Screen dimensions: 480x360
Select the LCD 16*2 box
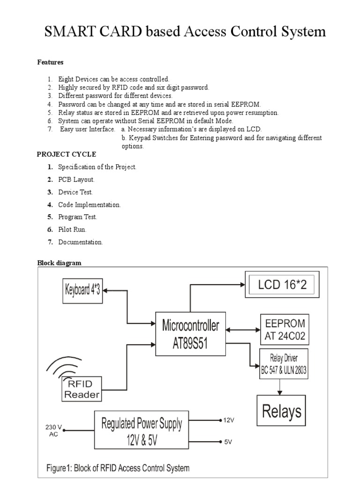(283, 284)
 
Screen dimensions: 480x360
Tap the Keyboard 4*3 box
(83, 290)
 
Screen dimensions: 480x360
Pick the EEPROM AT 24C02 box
(285, 329)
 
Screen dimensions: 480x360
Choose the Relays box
(281, 411)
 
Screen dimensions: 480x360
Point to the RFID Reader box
(82, 389)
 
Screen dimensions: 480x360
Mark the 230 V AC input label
(53, 430)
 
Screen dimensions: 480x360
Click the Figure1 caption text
(118, 468)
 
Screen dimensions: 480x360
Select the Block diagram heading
(59, 263)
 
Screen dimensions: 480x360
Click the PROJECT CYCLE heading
(67, 154)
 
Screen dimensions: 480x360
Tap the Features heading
(50, 62)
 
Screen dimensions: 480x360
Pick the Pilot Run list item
(72, 230)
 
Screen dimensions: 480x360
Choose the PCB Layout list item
(76, 180)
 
